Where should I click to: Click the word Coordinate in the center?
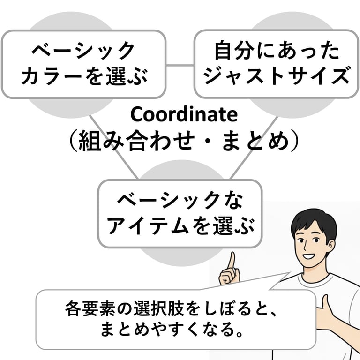(184, 114)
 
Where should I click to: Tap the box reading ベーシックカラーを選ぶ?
(84, 64)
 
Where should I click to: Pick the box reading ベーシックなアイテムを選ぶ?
(180, 214)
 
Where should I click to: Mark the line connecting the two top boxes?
(180, 65)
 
